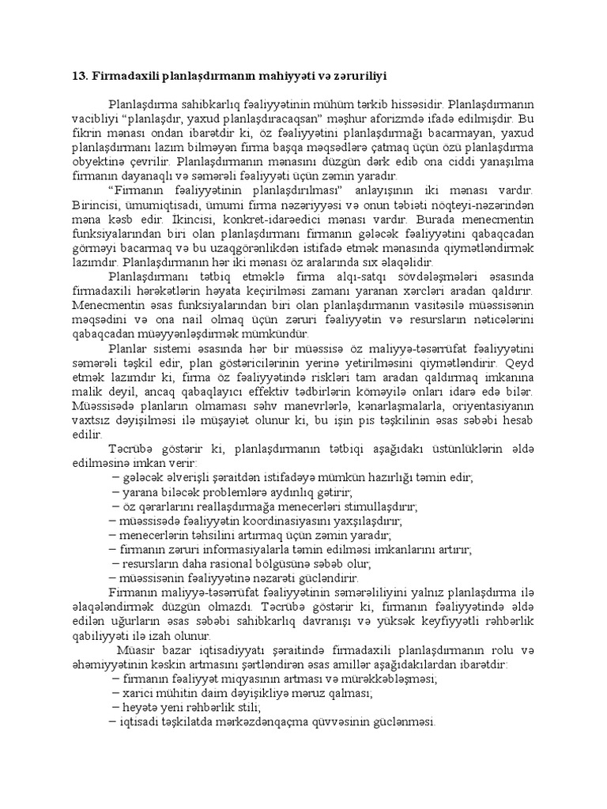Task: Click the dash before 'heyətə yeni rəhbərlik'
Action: (116, 706)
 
